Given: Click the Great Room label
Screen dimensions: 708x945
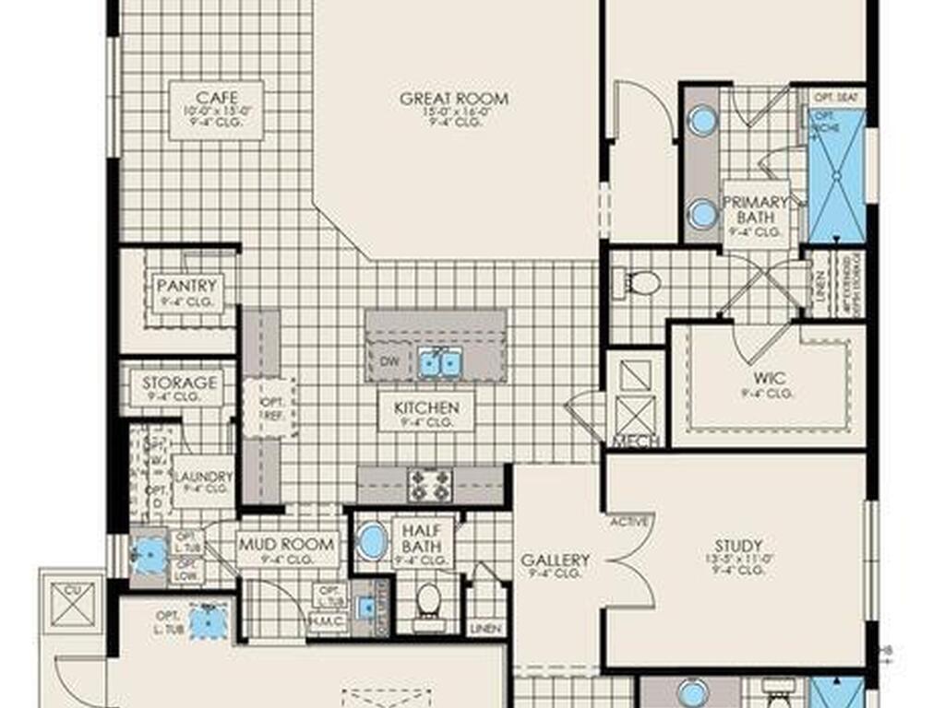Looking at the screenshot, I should click(x=454, y=99).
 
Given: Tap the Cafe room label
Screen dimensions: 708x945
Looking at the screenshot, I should click(x=217, y=98).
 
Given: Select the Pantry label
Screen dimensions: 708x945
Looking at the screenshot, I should click(x=186, y=286).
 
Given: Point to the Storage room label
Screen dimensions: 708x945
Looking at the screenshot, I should click(x=180, y=382).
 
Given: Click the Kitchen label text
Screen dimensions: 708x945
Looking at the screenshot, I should click(x=426, y=407).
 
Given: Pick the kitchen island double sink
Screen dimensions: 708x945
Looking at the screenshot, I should click(x=439, y=363).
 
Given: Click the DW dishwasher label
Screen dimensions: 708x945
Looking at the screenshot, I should click(x=389, y=362).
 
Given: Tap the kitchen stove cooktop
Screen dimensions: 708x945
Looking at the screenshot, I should click(x=430, y=484).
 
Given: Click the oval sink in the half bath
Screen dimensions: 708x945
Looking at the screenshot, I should click(x=372, y=541).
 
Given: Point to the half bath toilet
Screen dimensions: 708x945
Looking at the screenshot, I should click(x=428, y=600).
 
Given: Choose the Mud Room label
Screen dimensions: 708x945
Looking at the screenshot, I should click(x=288, y=543).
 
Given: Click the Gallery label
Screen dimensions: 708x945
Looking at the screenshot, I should click(x=556, y=560).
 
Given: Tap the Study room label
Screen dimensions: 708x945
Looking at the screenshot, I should click(x=738, y=546).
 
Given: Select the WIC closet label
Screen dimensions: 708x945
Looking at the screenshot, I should click(x=768, y=378).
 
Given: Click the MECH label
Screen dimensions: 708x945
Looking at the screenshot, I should click(x=636, y=441).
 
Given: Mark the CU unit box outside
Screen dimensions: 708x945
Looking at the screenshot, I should click(x=72, y=603).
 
